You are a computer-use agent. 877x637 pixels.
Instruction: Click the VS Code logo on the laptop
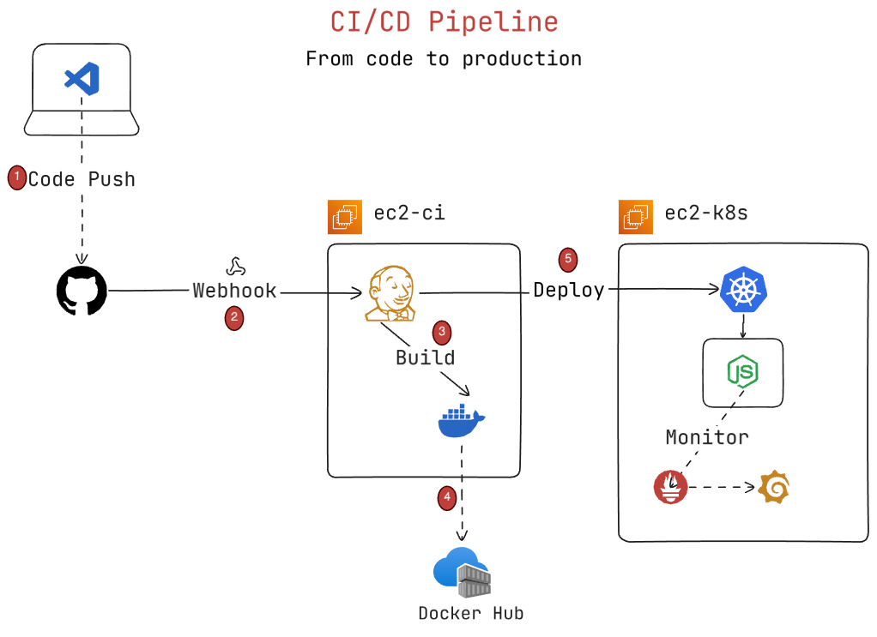click(82, 79)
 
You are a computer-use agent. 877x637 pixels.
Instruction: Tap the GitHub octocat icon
click(82, 291)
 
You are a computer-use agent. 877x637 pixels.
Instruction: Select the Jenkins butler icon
click(390, 293)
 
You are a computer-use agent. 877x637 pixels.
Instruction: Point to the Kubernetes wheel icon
click(743, 290)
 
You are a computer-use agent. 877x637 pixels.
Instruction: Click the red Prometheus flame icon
click(671, 488)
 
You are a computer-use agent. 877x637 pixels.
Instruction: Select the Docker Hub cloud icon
click(463, 572)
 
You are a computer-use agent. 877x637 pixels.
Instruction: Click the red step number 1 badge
click(16, 177)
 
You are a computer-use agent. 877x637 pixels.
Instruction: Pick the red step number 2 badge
click(234, 319)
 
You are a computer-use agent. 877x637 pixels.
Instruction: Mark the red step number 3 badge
click(441, 332)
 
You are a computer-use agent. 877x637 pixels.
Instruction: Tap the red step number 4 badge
click(446, 496)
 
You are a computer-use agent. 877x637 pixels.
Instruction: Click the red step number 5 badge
click(567, 258)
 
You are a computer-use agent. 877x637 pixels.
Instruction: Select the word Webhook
click(234, 291)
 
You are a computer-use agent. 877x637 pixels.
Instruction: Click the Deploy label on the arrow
click(569, 290)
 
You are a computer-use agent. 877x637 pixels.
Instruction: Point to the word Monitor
click(707, 437)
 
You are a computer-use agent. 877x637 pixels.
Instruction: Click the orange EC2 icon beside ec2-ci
click(345, 216)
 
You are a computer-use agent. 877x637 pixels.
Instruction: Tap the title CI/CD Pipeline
click(445, 21)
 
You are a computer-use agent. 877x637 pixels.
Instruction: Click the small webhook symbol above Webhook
click(234, 266)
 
